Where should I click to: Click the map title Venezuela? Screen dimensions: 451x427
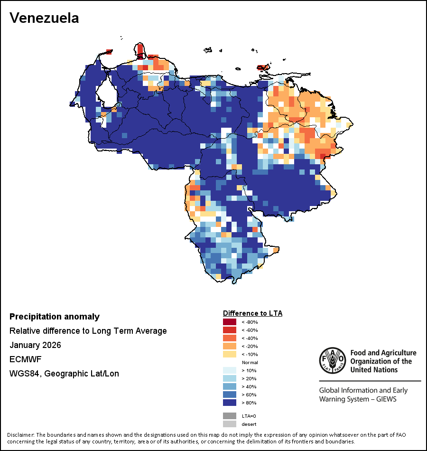[x=44, y=18]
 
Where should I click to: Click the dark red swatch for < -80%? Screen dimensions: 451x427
[x=230, y=322]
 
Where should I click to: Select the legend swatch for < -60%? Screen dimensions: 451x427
[x=230, y=330]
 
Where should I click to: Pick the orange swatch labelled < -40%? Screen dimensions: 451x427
[x=230, y=338]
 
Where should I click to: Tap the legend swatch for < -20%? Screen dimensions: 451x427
[x=230, y=346]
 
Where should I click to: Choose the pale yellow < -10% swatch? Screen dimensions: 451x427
[x=230, y=354]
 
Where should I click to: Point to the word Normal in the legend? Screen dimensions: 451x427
[x=250, y=362]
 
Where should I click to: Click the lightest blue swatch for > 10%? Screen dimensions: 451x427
[x=230, y=370]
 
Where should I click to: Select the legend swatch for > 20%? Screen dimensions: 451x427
[x=230, y=378]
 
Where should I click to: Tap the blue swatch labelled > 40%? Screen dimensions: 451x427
[x=230, y=386]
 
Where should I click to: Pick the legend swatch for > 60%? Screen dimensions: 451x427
[x=230, y=395]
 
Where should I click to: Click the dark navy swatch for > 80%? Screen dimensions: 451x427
[x=230, y=403]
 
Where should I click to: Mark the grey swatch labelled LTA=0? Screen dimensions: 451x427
[x=230, y=415]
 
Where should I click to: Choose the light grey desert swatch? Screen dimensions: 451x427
[x=230, y=424]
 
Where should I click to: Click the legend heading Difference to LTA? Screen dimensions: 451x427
[x=252, y=313]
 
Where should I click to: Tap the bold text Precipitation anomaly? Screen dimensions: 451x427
[x=55, y=317]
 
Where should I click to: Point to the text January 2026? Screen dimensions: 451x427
[x=35, y=345]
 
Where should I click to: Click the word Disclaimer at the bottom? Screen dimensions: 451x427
[x=20, y=435]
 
